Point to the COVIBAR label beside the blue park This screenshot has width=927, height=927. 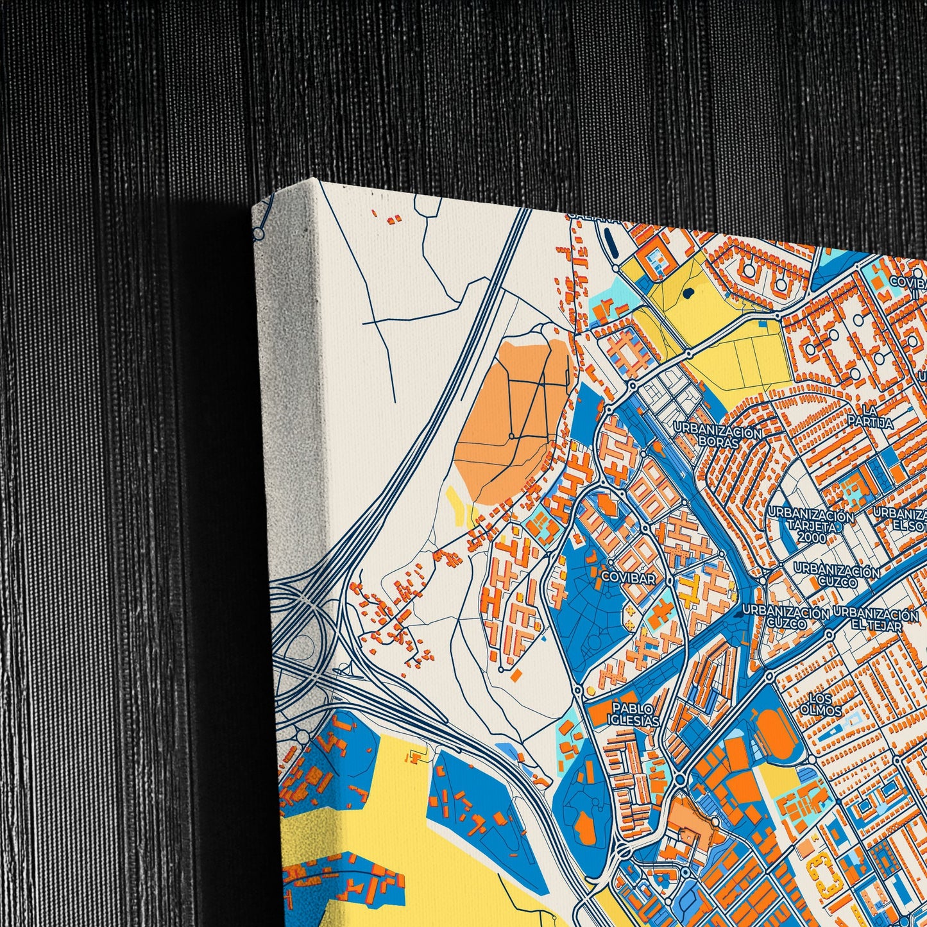click(629, 578)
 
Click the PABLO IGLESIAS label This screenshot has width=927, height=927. click(635, 714)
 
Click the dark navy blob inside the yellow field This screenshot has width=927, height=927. click(688, 293)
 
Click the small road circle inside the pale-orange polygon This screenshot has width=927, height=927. click(511, 436)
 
